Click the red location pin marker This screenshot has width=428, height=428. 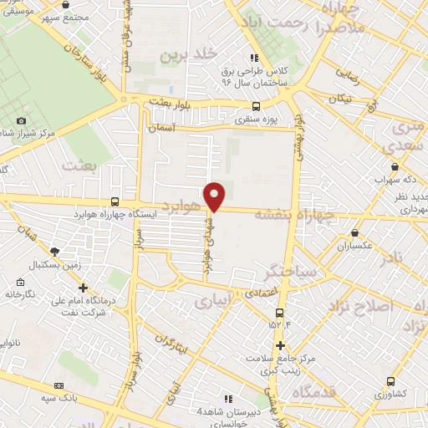(x=216, y=196)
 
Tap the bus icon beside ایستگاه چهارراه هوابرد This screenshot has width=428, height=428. (x=114, y=201)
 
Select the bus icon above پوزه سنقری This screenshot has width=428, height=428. (x=256, y=106)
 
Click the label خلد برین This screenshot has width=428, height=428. (x=179, y=55)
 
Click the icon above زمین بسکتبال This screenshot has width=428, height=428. (x=54, y=251)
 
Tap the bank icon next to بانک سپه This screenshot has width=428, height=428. (x=59, y=385)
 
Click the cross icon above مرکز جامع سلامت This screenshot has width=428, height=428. (x=280, y=345)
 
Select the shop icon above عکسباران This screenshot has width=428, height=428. (x=354, y=233)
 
